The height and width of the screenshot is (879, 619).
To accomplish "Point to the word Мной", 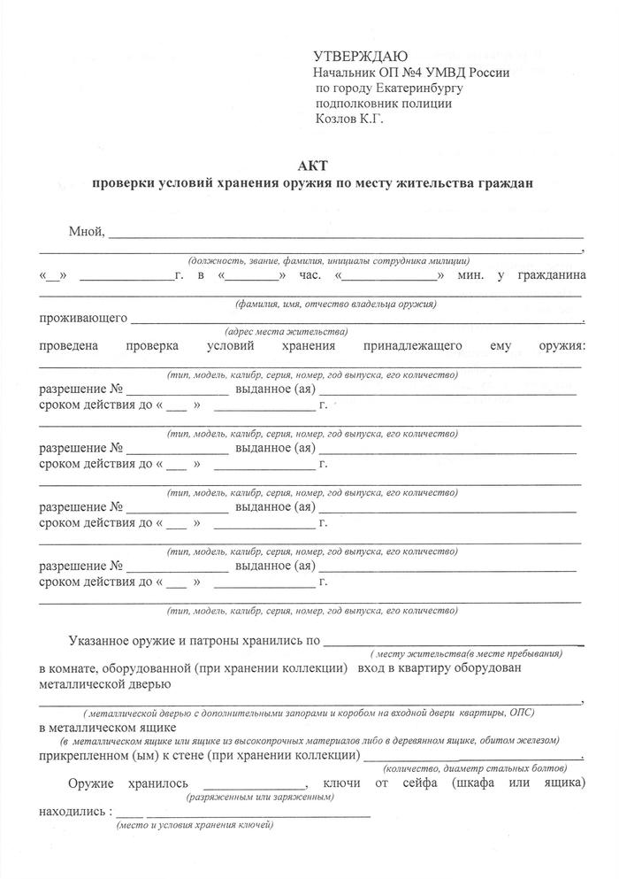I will pos(86,232).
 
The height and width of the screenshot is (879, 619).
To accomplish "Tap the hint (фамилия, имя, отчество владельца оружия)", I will pos(336,304).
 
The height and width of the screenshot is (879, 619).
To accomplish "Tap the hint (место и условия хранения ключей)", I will pos(195,825).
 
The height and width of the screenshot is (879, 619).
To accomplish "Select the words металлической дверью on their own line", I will pos(105,683).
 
